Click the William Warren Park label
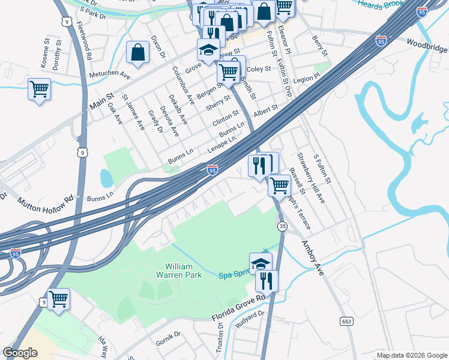(x=184, y=269)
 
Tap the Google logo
(x=20, y=353)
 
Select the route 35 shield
(x=282, y=226)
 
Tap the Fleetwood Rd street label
(x=84, y=41)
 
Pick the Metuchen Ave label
(x=109, y=76)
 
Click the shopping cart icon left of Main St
(x=39, y=89)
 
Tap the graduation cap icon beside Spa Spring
(x=261, y=263)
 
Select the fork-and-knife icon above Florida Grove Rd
(x=267, y=280)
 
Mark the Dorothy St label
(x=58, y=53)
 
